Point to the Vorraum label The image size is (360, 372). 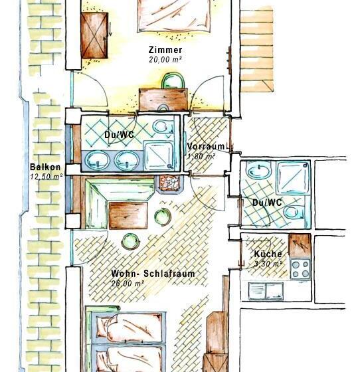(x=206, y=146)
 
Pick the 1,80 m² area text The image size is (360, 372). (x=201, y=156)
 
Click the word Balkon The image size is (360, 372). (x=45, y=167)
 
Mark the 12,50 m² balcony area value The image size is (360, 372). (x=45, y=177)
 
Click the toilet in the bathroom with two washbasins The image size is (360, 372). (x=161, y=126)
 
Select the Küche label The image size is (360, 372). (x=268, y=254)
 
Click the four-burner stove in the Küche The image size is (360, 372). (x=300, y=268)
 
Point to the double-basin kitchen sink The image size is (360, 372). (x=266, y=290)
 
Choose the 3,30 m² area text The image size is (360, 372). (x=268, y=264)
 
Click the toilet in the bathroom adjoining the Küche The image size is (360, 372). (x=293, y=213)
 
